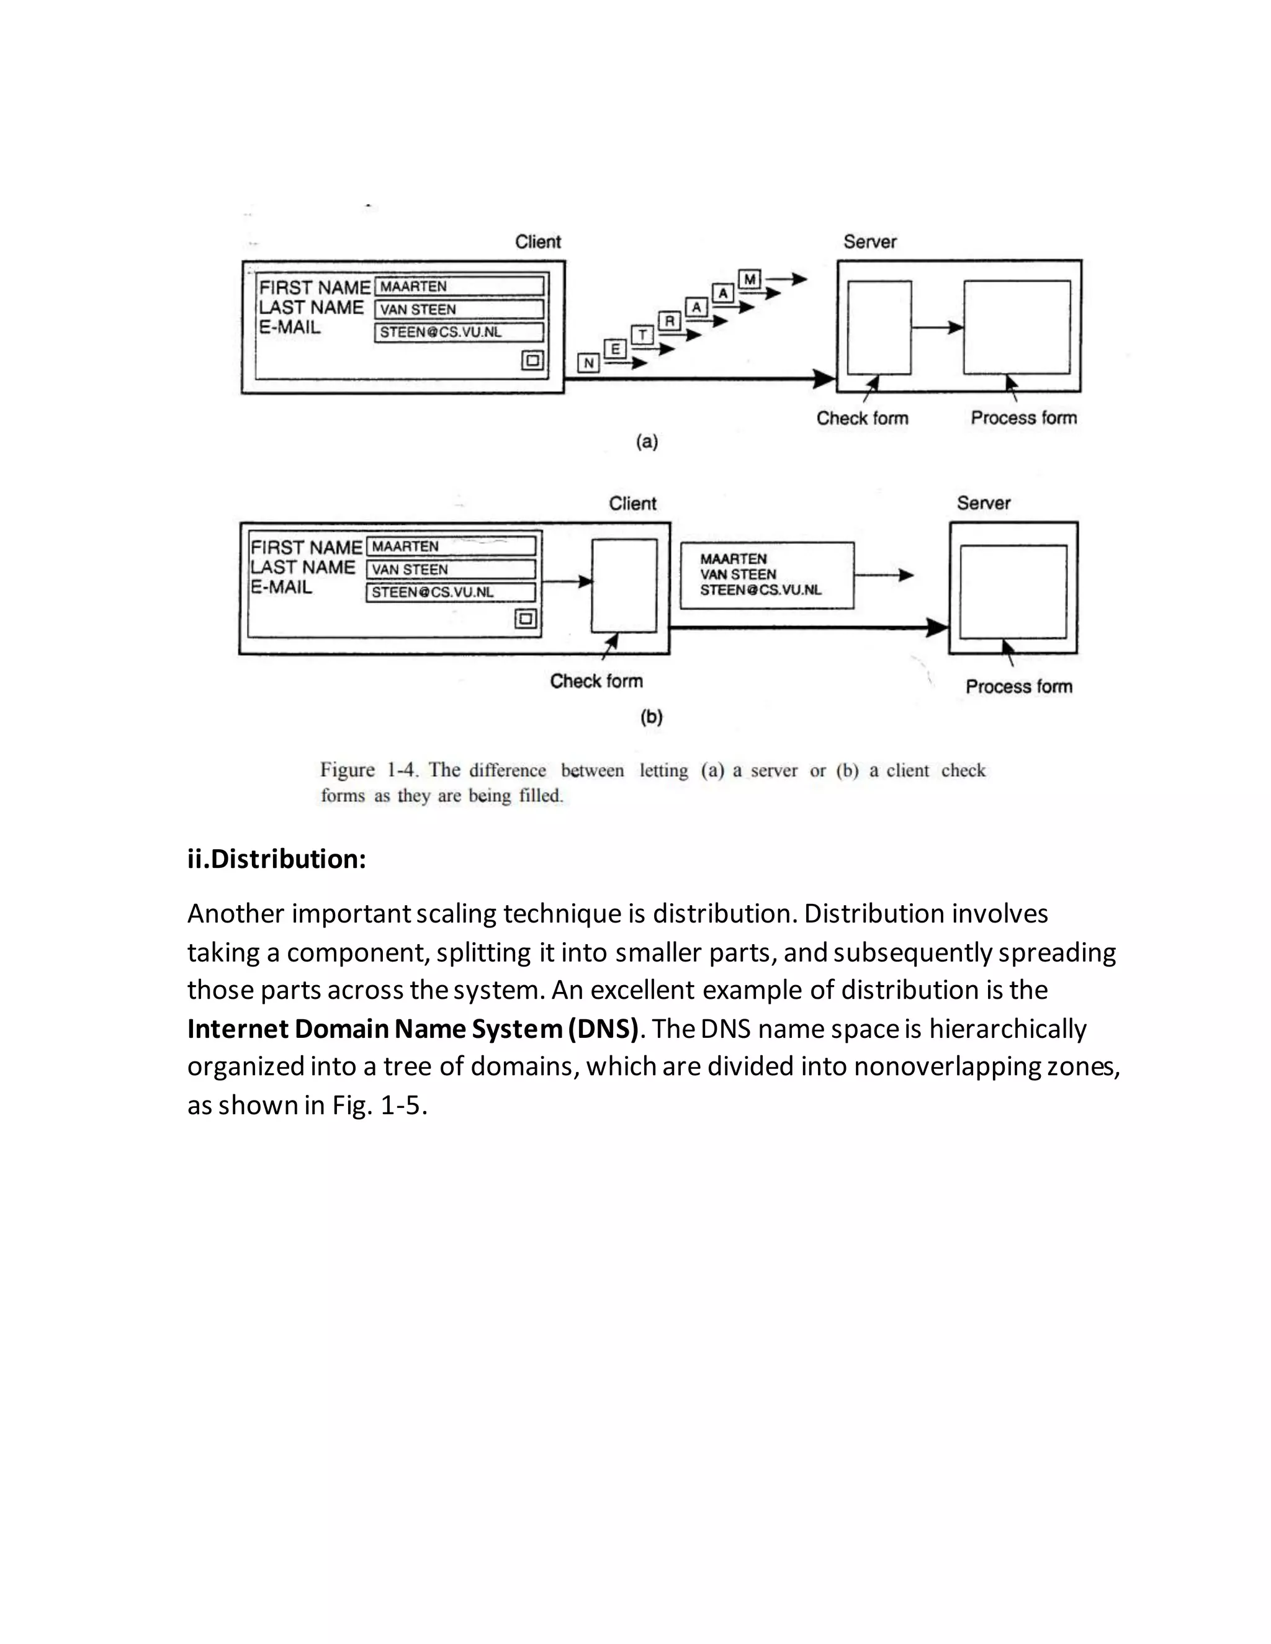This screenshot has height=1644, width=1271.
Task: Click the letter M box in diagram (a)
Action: (x=750, y=279)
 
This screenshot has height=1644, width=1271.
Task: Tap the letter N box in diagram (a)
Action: (x=589, y=363)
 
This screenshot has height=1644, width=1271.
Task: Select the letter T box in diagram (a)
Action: (x=642, y=334)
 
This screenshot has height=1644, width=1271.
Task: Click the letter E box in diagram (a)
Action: (x=615, y=349)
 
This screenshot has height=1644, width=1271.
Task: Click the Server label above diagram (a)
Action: (x=869, y=241)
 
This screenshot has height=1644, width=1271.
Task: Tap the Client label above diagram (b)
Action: (x=632, y=504)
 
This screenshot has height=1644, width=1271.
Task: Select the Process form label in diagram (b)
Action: (x=1019, y=687)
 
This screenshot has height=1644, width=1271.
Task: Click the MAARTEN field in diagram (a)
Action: (x=459, y=286)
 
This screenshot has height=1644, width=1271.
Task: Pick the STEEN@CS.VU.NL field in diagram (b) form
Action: (x=451, y=592)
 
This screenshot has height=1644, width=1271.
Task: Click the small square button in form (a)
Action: (x=532, y=360)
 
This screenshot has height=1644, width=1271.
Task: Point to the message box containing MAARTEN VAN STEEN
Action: (x=766, y=575)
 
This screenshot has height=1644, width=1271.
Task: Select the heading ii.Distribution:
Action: (x=276, y=859)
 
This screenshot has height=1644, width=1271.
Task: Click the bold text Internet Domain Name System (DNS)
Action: (x=413, y=1028)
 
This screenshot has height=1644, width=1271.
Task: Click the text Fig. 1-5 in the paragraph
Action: (x=379, y=1105)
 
